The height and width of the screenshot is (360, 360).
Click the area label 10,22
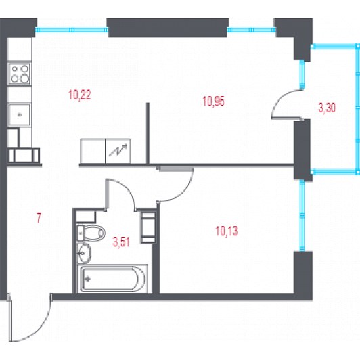pos(80,95)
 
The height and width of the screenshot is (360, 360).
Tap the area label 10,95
pos(213,102)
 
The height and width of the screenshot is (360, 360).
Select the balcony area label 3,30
pos(327,108)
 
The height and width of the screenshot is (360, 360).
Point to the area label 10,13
pos(227,231)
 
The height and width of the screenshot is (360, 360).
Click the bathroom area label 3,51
pos(121,242)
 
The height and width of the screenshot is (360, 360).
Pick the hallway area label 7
pos(39,218)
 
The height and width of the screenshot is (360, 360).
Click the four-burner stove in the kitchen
pos(20,74)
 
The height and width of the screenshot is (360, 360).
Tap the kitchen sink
pos(20,114)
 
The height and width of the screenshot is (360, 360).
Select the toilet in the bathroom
pos(91,233)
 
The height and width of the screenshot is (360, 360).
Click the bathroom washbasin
pos(84,252)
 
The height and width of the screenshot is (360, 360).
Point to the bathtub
pos(112,279)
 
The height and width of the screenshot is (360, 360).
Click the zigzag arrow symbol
pos(118,150)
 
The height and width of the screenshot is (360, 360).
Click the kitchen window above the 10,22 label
pos(72,30)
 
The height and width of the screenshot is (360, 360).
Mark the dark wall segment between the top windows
pos(168,28)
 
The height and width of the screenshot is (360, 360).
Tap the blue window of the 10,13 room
pos(302,216)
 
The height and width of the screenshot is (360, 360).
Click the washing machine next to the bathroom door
pos(148,227)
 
